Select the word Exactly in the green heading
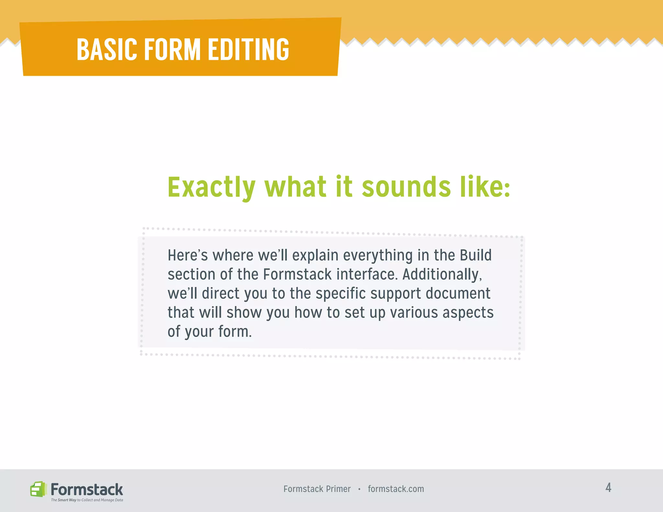pos(211,187)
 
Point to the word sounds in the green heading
pos(406,187)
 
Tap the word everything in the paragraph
pos(378,255)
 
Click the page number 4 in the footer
pos(608,488)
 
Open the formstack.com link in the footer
pos(396,489)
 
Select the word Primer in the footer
pos(338,489)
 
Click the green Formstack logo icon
pos(38,489)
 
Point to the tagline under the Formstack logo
pos(87,500)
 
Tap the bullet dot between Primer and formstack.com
pos(359,489)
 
